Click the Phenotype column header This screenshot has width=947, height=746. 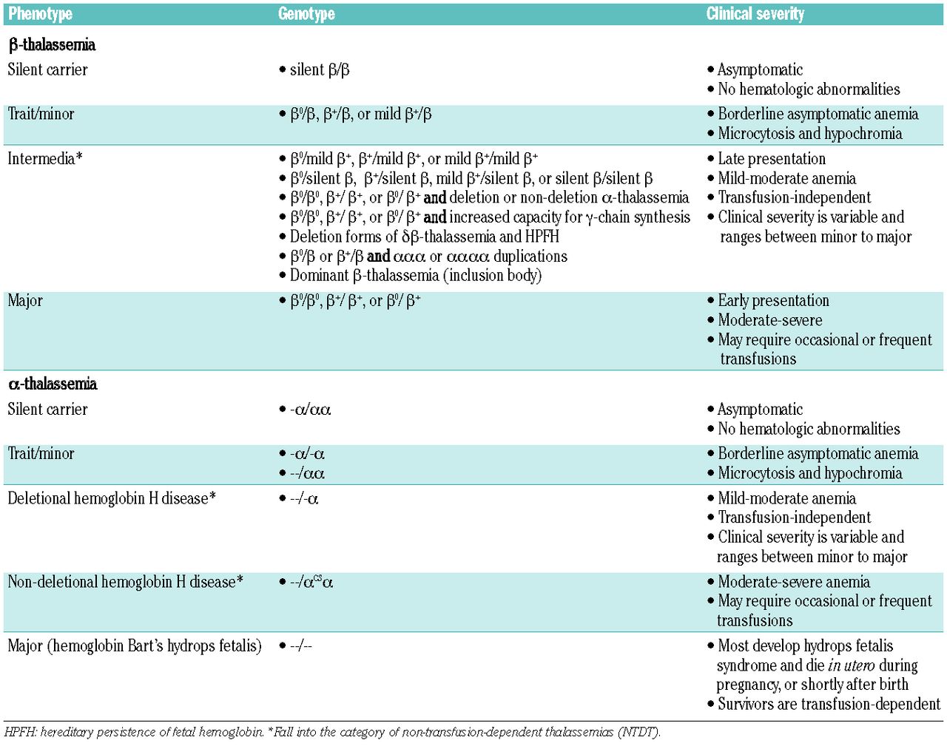(x=40, y=14)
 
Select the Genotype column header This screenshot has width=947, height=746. (x=306, y=14)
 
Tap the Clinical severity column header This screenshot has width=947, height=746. (x=755, y=14)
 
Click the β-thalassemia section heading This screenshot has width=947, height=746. (x=52, y=45)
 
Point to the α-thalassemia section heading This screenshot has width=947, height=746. (x=53, y=384)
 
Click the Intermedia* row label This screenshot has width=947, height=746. (x=44, y=158)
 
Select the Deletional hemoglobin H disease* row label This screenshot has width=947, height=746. (x=111, y=498)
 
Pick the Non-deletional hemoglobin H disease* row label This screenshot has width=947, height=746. (x=125, y=582)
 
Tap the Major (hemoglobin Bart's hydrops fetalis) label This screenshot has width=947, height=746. (x=134, y=646)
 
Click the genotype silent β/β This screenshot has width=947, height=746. (x=319, y=70)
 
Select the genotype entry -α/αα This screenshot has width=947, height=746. (x=310, y=410)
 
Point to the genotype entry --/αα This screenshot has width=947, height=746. (x=307, y=473)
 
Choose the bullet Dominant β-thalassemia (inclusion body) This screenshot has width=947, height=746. (x=415, y=276)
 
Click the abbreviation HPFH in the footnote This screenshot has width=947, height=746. (x=20, y=733)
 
